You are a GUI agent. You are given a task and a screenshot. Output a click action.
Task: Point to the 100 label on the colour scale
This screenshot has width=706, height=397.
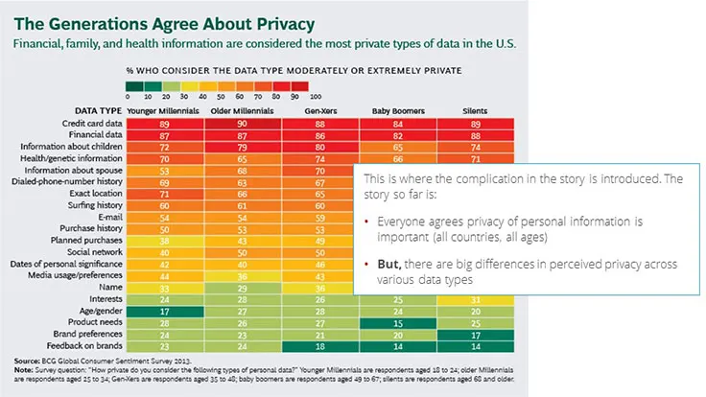(316, 96)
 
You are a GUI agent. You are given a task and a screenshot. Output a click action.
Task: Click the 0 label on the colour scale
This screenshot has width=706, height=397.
(128, 96)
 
